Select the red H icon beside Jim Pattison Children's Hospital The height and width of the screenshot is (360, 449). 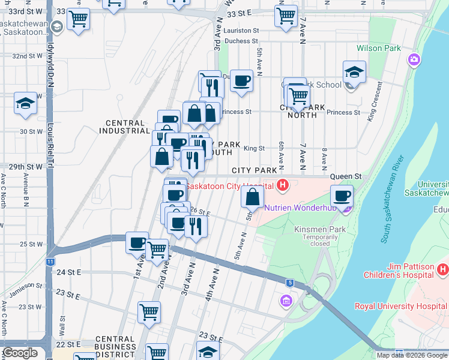click(442, 269)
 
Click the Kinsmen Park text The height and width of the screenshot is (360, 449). click(313, 229)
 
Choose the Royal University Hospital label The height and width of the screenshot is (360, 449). click(402, 305)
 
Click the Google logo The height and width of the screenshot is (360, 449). click(21, 353)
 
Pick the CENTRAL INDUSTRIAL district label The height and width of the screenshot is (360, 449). click(124, 127)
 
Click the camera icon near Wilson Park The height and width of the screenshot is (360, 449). click(414, 59)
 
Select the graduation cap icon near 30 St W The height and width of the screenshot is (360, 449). click(26, 104)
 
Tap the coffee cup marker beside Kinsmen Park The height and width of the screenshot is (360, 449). click(342, 196)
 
